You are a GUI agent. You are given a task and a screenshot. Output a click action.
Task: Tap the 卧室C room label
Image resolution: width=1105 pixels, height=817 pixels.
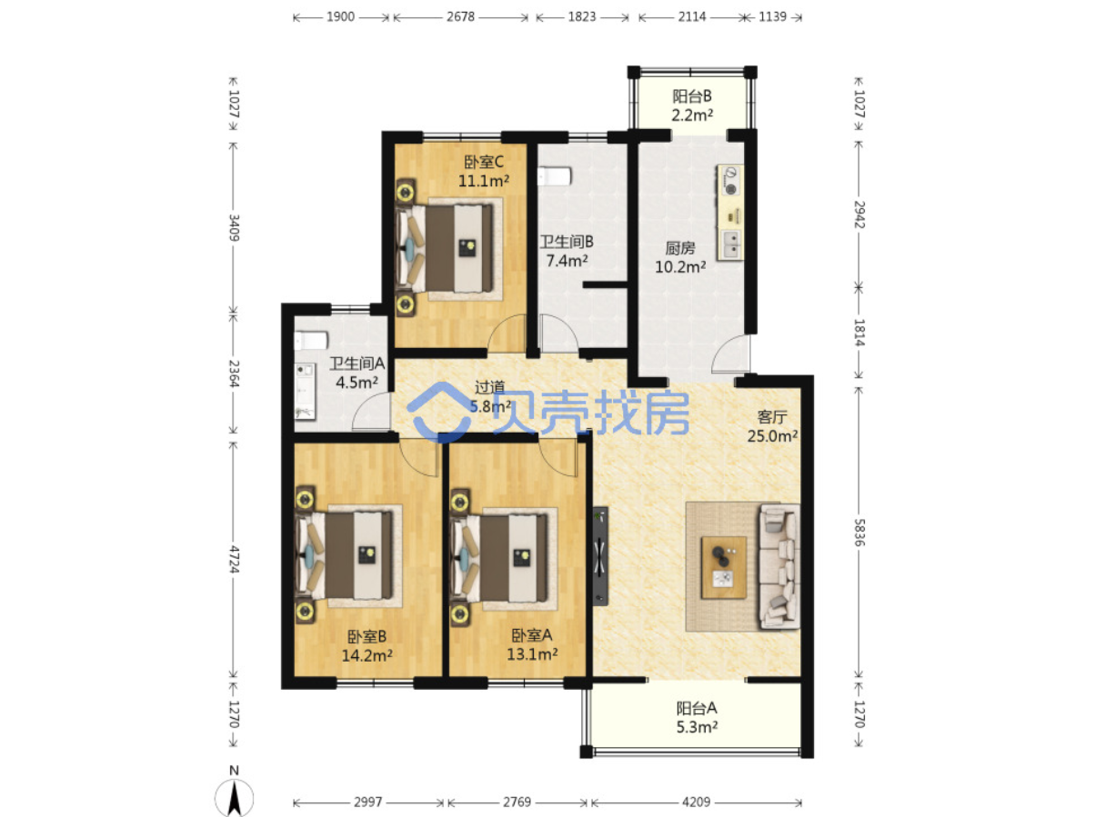point(483,162)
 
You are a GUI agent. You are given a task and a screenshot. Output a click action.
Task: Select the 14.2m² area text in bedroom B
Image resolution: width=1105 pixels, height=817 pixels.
point(367,655)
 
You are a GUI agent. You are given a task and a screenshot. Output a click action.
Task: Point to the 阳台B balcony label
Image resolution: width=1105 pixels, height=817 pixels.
point(691,96)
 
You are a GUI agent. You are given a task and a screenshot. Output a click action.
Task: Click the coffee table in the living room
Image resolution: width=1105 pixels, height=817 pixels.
point(723,567)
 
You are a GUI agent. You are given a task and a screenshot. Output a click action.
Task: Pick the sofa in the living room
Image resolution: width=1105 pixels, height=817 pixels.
point(779,567)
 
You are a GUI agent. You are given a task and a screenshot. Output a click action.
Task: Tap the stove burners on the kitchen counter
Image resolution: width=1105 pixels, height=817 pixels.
point(730,181)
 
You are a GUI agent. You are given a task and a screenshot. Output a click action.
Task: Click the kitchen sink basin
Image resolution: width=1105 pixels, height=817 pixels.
point(731,244)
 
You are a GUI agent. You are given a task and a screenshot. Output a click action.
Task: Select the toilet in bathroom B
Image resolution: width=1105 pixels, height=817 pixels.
point(554,176)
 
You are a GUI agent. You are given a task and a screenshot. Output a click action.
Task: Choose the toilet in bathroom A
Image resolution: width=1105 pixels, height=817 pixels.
point(311,341)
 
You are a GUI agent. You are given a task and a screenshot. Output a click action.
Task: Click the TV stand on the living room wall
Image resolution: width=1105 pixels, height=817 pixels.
point(600,556)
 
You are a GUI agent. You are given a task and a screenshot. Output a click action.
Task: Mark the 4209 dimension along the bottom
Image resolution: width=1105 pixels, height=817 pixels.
point(696,802)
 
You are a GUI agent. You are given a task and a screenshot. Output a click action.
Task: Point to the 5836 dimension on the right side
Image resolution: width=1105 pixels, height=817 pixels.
point(859,533)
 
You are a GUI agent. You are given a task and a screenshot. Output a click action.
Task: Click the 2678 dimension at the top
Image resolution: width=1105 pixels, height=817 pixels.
point(460,17)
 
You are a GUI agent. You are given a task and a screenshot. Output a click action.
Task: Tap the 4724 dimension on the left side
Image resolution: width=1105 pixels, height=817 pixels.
point(234,559)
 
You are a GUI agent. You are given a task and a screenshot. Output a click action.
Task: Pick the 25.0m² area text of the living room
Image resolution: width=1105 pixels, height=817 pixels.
point(772,436)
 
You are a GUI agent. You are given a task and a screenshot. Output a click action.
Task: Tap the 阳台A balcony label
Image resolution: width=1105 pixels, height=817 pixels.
point(696,707)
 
